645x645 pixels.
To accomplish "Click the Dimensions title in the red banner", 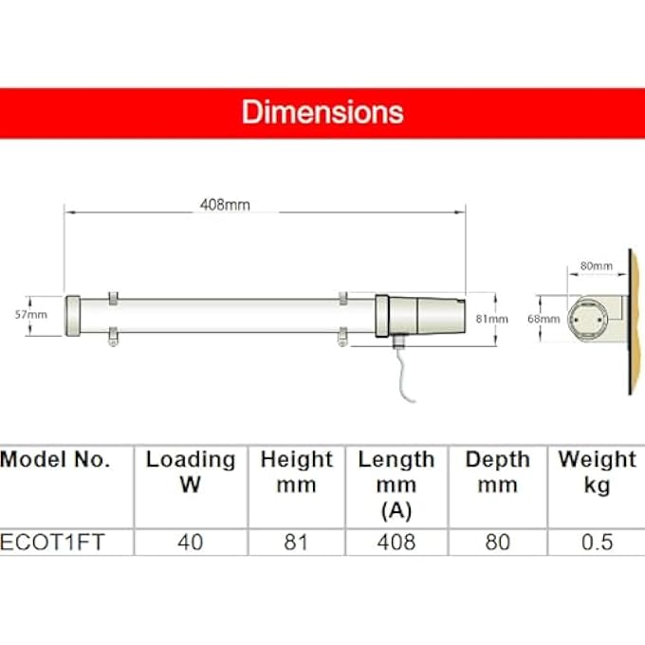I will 322,112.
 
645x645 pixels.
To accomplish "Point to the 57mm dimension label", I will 36,314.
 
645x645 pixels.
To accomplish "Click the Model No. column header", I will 55,460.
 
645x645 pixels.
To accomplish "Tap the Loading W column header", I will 191,472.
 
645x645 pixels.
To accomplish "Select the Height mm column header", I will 297,472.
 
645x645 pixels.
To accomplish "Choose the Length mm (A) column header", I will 396,485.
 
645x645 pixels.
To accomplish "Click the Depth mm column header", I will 497,472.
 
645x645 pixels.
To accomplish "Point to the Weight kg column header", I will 597,472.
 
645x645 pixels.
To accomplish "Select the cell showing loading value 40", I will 191,543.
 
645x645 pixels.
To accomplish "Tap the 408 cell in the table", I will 396,543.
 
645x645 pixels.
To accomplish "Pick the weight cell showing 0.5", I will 597,543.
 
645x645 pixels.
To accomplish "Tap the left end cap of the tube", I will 73,315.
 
